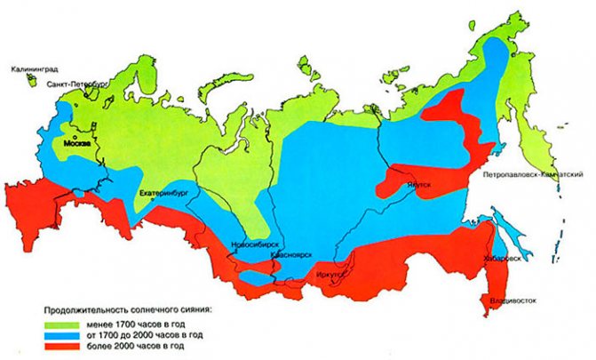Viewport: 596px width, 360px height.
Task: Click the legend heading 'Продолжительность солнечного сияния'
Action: tap(132, 311)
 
